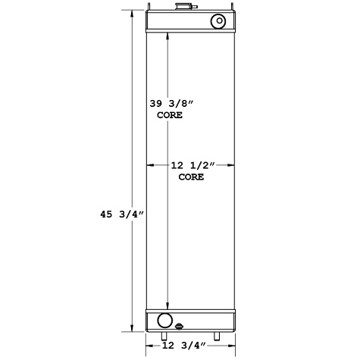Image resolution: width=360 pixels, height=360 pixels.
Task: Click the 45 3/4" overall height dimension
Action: (x=121, y=215)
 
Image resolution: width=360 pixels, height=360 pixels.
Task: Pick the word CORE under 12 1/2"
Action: (x=190, y=176)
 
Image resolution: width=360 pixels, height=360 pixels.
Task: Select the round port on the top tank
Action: (x=218, y=20)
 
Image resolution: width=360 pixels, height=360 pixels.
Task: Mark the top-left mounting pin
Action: (x=149, y=9)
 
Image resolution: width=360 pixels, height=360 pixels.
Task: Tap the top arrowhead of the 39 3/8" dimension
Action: (x=167, y=34)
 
